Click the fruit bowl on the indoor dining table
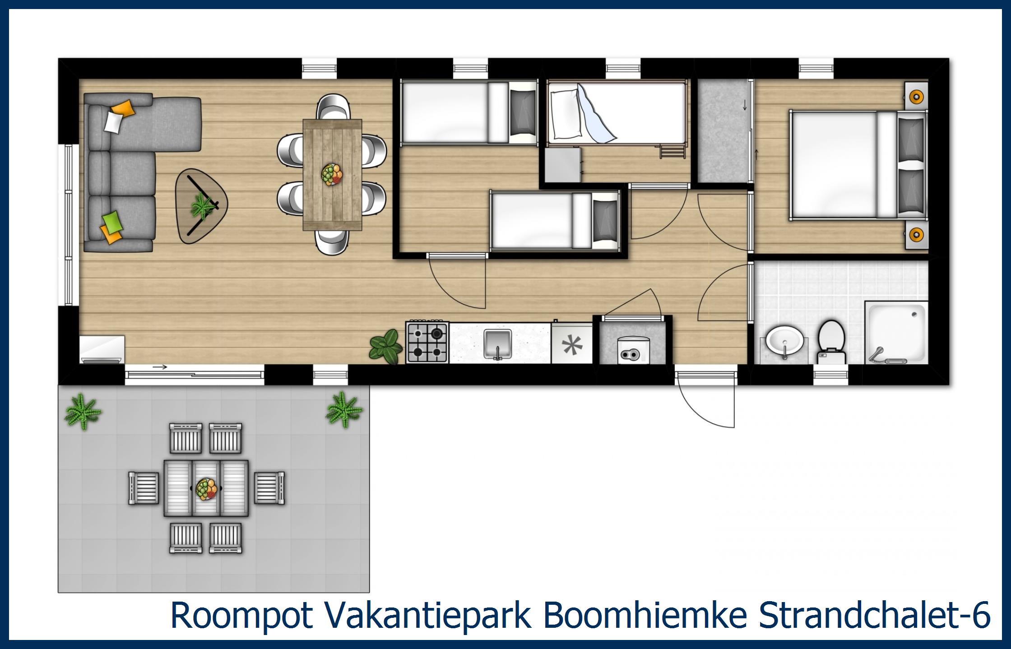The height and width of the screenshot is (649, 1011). coord(332,174)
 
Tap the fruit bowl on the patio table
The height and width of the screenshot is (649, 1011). coord(207,488)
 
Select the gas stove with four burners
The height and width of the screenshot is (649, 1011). coord(427,343)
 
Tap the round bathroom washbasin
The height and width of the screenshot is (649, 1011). coord(784,341)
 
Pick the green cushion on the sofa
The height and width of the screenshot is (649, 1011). coord(112,221)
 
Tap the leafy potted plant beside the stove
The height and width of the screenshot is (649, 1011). coord(385,346)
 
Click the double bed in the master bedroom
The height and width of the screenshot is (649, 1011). coord(849,166)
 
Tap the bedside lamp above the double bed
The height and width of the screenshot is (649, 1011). coord(916,96)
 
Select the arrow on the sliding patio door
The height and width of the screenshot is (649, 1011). coord(160,367)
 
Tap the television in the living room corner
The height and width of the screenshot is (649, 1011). coord(102,348)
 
